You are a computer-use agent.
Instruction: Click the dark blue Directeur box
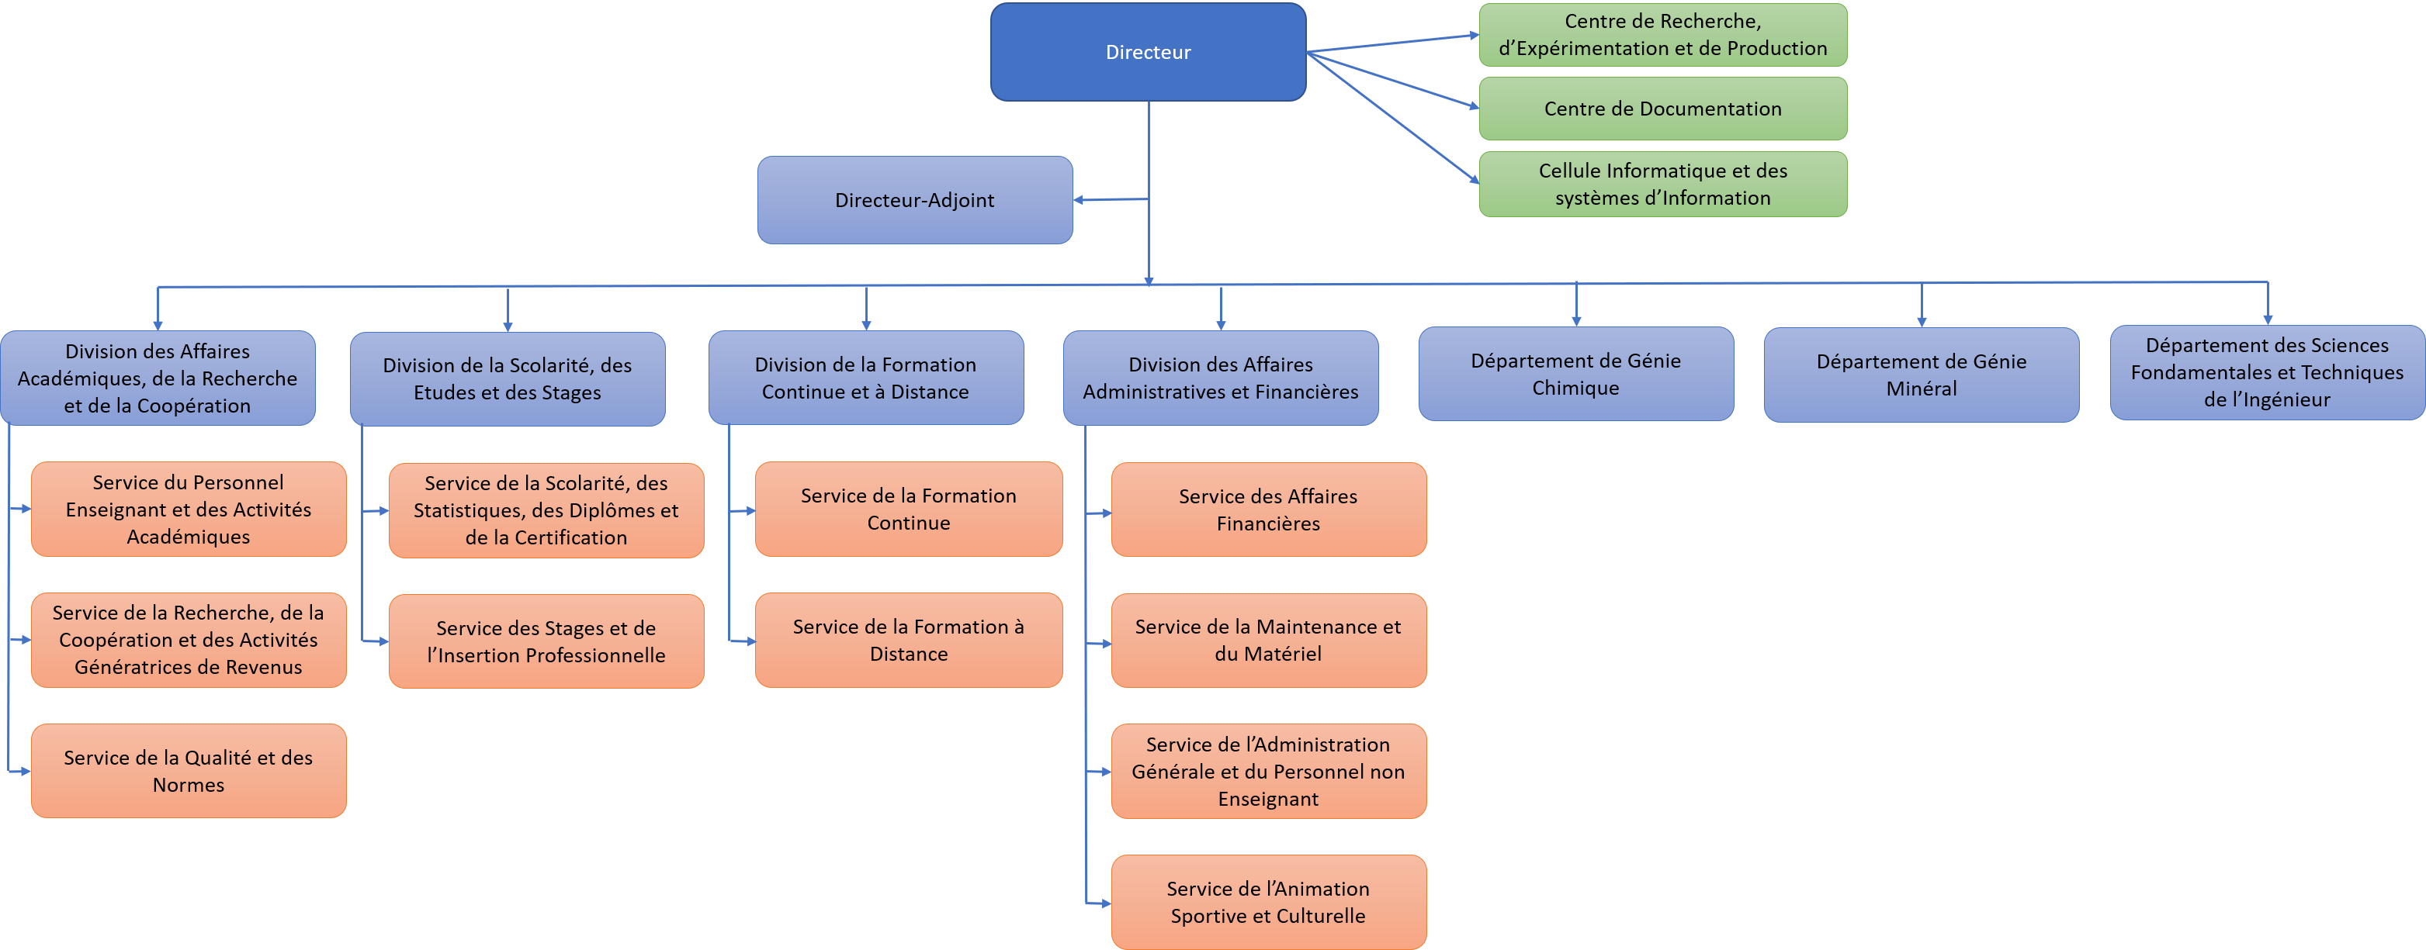[1147, 52]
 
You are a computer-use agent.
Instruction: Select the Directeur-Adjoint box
[913, 199]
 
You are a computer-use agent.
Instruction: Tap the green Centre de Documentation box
[1662, 109]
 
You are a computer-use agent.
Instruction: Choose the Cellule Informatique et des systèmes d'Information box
[1662, 184]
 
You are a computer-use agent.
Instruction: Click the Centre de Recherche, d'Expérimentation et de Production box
[1662, 35]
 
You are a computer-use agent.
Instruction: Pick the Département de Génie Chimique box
[1575, 374]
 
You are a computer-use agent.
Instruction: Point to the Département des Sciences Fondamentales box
[2266, 372]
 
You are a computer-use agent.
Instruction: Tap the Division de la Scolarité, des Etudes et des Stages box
[507, 378]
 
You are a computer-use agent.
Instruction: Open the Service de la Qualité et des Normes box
[189, 770]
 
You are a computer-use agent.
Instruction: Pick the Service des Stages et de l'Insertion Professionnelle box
[546, 641]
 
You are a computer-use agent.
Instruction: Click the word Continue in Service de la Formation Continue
[908, 523]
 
